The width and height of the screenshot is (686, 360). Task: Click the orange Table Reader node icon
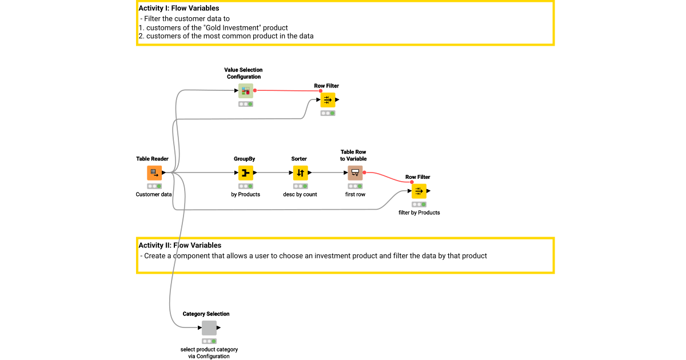click(154, 173)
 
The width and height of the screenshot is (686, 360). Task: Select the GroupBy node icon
click(246, 173)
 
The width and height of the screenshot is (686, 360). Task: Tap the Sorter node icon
click(301, 173)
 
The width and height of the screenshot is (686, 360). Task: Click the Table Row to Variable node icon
click(355, 173)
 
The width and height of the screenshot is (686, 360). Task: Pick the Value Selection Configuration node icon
click(246, 90)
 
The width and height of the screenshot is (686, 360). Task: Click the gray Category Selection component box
click(209, 328)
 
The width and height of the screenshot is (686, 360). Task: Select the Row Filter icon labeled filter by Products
click(419, 191)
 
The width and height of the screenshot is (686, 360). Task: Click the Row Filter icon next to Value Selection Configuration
click(328, 100)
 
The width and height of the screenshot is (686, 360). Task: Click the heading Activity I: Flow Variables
click(178, 9)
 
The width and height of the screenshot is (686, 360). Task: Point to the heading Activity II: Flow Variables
click(180, 246)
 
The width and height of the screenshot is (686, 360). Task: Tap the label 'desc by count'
click(300, 194)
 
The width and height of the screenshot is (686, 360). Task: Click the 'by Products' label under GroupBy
click(245, 194)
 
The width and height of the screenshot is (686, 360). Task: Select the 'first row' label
click(355, 194)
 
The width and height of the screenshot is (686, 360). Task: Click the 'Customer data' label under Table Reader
click(154, 194)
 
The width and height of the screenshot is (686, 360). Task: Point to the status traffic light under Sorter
click(301, 186)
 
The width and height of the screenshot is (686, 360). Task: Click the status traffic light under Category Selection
click(209, 341)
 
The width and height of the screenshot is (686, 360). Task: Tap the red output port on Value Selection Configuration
click(255, 90)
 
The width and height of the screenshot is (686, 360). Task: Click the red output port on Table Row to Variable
click(364, 173)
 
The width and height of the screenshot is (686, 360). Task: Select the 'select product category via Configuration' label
click(209, 353)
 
